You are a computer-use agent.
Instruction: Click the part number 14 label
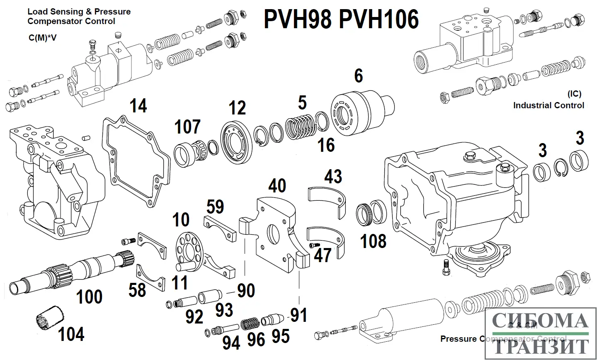(138, 106)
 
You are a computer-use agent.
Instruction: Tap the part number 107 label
(187, 127)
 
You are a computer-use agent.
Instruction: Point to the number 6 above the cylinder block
(358, 76)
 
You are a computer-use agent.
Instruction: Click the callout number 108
(374, 241)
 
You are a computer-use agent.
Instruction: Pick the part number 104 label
(71, 334)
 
